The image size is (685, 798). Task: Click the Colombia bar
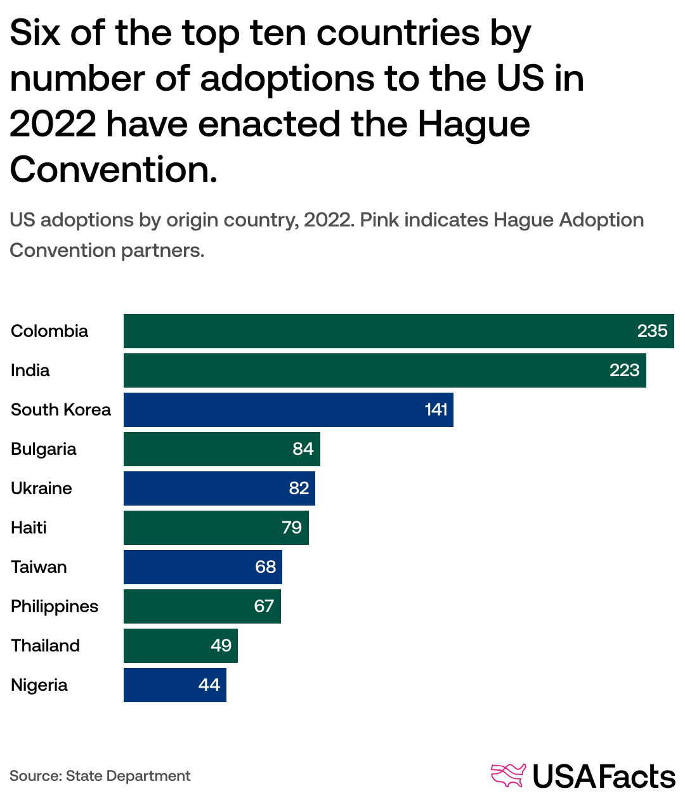(x=381, y=331)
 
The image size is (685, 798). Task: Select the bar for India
(x=368, y=370)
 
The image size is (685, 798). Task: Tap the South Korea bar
(x=273, y=410)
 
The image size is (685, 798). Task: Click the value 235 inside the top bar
(x=652, y=331)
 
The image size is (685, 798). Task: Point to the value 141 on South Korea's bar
(x=436, y=410)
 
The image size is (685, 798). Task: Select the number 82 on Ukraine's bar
(x=299, y=488)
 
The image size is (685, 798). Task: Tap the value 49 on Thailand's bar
(x=221, y=646)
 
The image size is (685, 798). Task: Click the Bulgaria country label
(x=43, y=449)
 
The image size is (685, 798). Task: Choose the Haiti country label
(x=29, y=528)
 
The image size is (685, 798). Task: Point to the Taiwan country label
(x=39, y=567)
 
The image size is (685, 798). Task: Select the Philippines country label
(x=55, y=606)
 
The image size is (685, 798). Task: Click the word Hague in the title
(x=473, y=124)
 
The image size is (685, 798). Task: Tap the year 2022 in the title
(x=52, y=124)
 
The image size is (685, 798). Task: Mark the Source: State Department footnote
(x=100, y=776)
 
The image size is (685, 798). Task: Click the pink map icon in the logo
(x=508, y=776)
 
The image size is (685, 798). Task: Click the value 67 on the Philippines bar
(x=264, y=606)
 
